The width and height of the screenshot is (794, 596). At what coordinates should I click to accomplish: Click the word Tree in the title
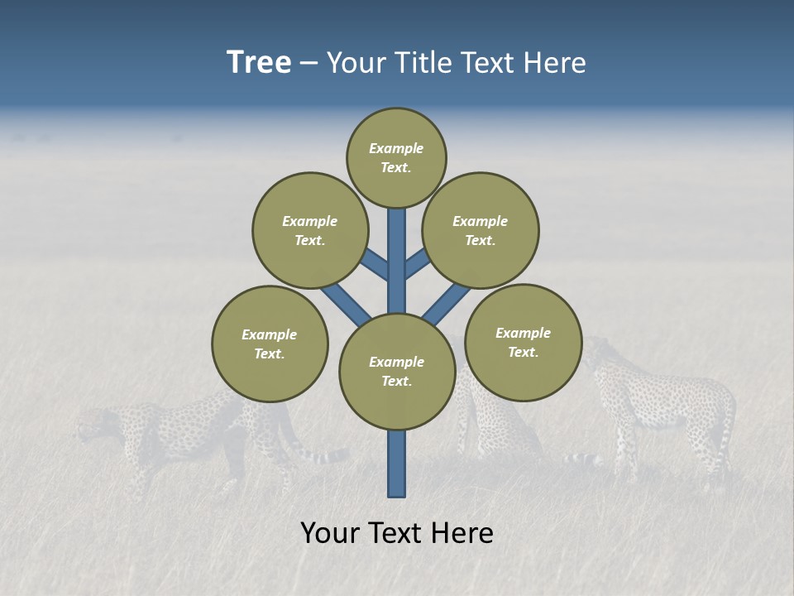coord(259,63)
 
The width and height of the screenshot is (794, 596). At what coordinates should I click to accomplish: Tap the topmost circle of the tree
coord(396,157)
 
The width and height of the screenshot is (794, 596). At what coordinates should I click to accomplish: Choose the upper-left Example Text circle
coord(310,230)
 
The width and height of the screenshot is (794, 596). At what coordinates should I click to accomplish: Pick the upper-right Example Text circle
coord(481,230)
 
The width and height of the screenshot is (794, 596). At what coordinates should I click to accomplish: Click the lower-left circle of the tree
coord(270,344)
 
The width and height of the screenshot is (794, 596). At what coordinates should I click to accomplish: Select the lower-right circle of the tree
coord(524,342)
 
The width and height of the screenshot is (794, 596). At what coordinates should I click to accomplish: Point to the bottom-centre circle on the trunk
coord(397,372)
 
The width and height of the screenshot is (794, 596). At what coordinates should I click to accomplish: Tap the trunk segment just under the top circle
coord(397,232)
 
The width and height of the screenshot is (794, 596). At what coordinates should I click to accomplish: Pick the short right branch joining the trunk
coord(418,262)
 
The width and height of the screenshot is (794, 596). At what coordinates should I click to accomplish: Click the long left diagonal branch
coord(345,302)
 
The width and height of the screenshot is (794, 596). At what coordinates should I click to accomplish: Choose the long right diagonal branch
coord(448,304)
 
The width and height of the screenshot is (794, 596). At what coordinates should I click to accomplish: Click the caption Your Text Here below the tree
coord(397,533)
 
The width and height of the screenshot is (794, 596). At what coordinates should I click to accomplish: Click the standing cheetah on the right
coord(662,406)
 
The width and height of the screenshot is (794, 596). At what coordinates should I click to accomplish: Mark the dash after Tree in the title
coord(309,64)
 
